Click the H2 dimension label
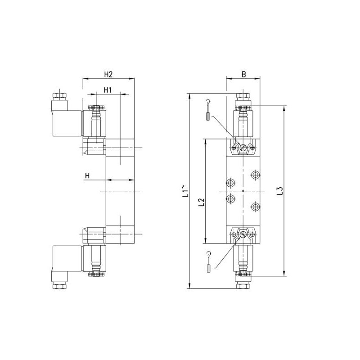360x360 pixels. point(108,74)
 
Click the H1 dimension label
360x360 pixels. point(108,90)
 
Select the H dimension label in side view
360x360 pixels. point(88,175)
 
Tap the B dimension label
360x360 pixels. point(243,74)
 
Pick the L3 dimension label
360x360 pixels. point(279,191)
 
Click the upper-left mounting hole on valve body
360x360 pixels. point(231,182)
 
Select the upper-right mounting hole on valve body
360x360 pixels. point(256,174)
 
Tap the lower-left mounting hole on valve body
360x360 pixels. point(231,199)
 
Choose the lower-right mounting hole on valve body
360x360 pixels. point(256,207)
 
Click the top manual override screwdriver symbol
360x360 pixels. point(207,110)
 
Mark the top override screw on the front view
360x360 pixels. point(243,147)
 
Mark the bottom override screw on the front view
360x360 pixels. point(243,234)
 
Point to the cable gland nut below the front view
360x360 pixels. point(243,285)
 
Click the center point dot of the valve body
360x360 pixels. point(243,191)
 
